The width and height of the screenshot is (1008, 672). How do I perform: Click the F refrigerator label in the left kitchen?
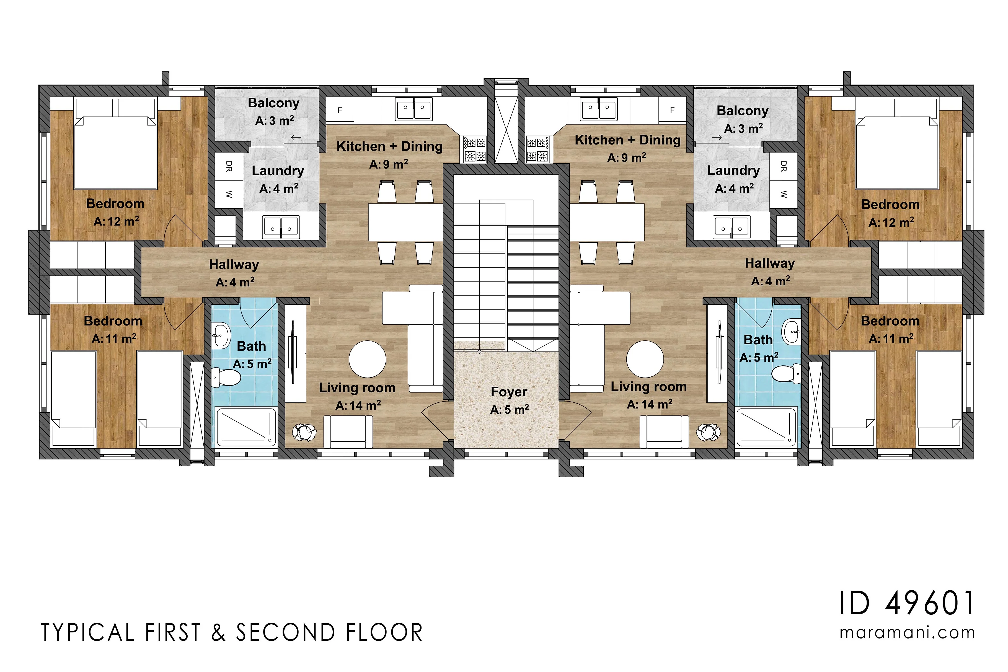pyautogui.click(x=340, y=110)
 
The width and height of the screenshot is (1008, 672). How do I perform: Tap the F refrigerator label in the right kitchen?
pyautogui.click(x=672, y=110)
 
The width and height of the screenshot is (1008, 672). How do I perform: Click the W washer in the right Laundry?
pyautogui.click(x=784, y=194)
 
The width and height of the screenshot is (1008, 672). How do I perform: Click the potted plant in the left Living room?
pyautogui.click(x=304, y=432)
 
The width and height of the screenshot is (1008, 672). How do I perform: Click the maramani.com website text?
pyautogui.click(x=907, y=633)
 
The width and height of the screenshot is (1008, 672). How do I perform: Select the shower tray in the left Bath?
pyautogui.click(x=246, y=427)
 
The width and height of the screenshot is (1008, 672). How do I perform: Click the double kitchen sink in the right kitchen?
pyautogui.click(x=599, y=109)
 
